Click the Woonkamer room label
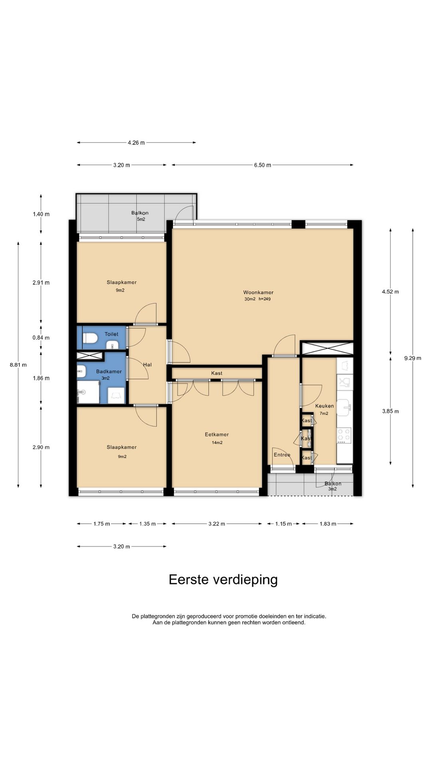coord(258,292)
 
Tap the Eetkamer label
coord(217,434)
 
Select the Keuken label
coord(324,406)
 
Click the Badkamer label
coord(109,371)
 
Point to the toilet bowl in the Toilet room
coord(90,338)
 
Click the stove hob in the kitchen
coord(344,436)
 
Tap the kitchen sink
coord(344,407)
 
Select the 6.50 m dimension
coord(263,165)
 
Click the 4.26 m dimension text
coord(136,142)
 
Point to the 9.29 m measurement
coord(413,358)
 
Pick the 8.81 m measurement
coord(18,365)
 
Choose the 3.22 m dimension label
coord(217,524)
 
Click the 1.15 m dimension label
coord(283,524)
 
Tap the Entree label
coord(282,455)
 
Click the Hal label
coord(147,365)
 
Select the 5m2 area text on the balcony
coord(141,219)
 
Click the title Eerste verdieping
coord(223,580)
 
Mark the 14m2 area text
coord(217,442)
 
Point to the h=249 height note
coord(265,299)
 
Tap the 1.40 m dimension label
coord(41,214)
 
